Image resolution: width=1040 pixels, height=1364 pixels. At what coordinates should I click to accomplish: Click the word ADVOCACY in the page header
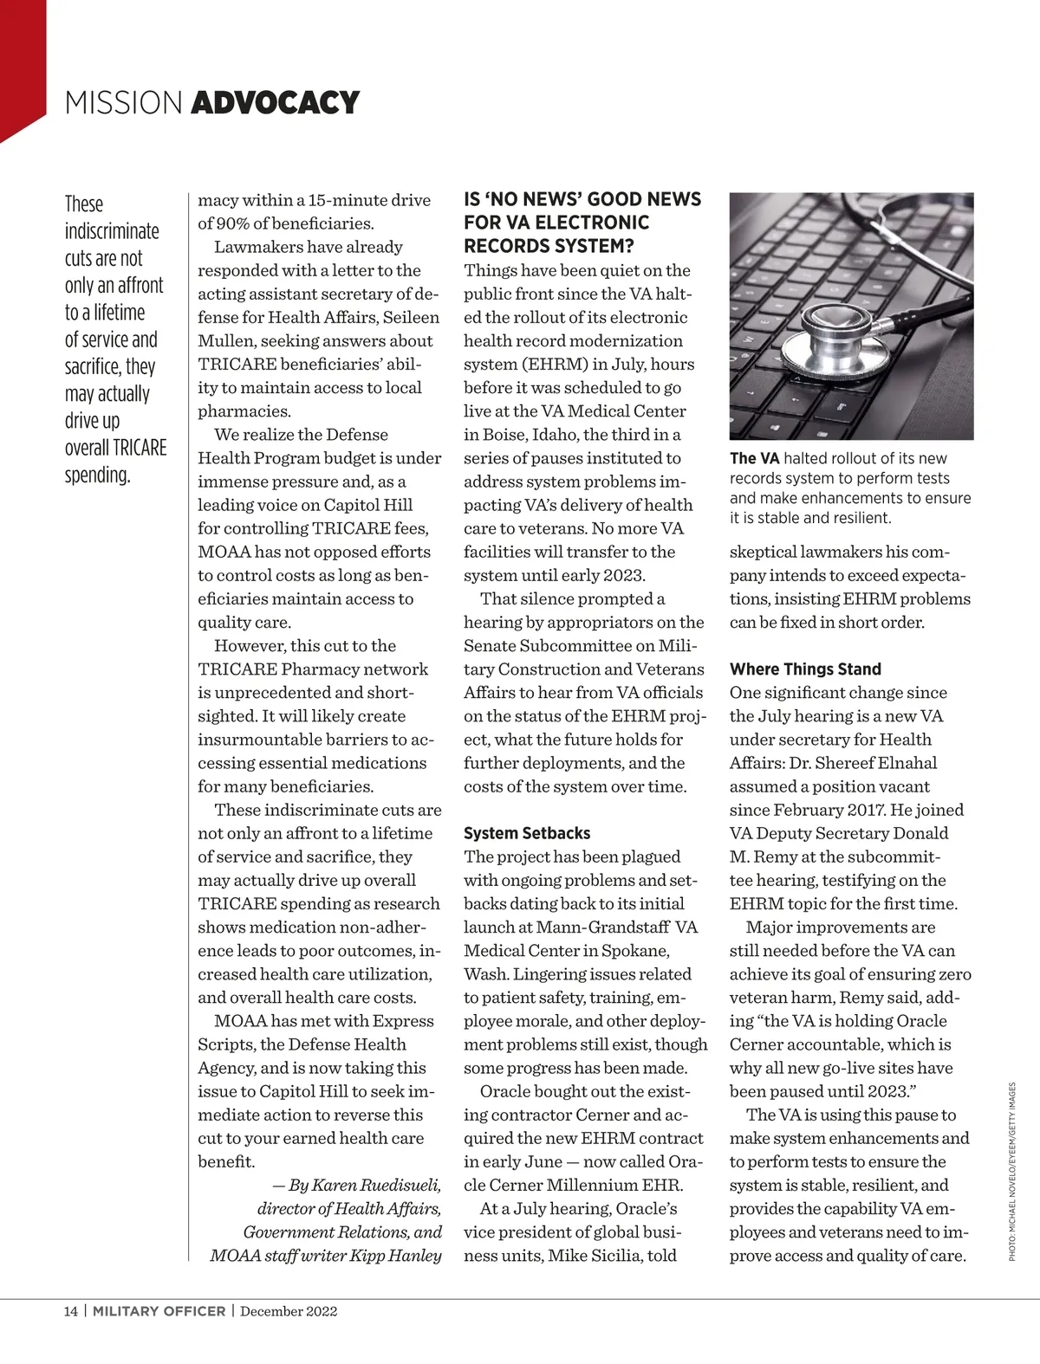pyautogui.click(x=275, y=102)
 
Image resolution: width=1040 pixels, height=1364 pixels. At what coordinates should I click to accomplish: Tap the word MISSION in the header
pyautogui.click(x=123, y=102)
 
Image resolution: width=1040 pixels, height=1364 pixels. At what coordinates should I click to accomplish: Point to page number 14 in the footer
pyautogui.click(x=70, y=1310)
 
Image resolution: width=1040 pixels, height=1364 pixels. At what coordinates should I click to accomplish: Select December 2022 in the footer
pyautogui.click(x=289, y=1310)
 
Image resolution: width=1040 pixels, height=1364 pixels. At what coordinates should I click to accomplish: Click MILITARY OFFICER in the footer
pyautogui.click(x=159, y=1310)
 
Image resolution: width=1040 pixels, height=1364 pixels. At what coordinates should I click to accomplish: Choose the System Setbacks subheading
pyautogui.click(x=527, y=833)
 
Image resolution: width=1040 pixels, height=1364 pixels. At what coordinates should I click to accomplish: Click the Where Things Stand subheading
pyautogui.click(x=805, y=669)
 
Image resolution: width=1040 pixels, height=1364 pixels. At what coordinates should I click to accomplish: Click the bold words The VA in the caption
pyautogui.click(x=754, y=458)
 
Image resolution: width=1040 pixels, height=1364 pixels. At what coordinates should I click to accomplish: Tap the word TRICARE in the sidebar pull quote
pyautogui.click(x=139, y=448)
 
